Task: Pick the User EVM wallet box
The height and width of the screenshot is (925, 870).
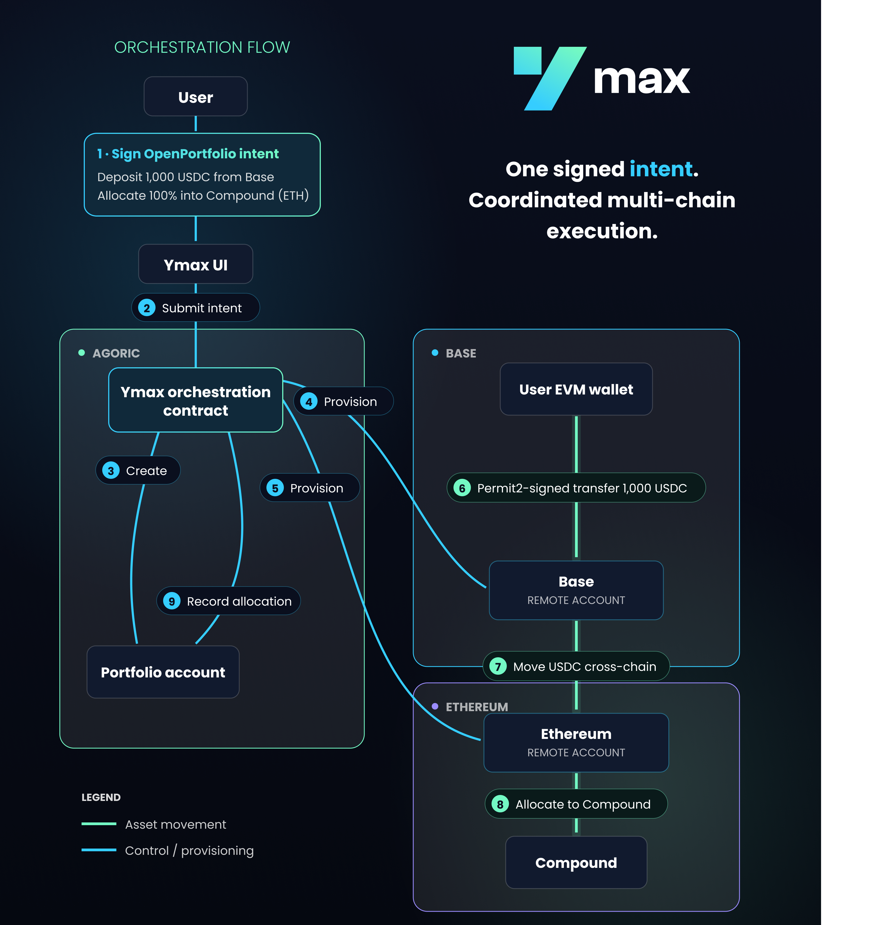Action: pos(576,389)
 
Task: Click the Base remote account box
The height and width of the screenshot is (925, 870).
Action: pos(576,590)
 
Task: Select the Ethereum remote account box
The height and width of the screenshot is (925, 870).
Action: pos(576,742)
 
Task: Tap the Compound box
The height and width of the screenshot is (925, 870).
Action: pos(576,862)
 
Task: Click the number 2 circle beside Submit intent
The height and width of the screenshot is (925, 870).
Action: pos(147,307)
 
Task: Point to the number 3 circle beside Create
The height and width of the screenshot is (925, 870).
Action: pos(111,470)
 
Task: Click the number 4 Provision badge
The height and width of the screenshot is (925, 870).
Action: pos(344,401)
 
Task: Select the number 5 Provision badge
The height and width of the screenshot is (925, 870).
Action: pos(310,488)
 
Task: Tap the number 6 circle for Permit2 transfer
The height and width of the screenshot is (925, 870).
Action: pos(462,488)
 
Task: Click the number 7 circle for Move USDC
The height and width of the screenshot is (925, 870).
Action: pos(498,666)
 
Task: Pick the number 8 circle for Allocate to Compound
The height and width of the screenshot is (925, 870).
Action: pos(500,804)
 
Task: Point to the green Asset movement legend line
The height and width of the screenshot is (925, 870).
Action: pos(99,824)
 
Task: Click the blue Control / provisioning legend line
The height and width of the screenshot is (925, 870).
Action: pos(99,850)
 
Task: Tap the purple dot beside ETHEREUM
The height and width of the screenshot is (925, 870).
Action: pos(435,706)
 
